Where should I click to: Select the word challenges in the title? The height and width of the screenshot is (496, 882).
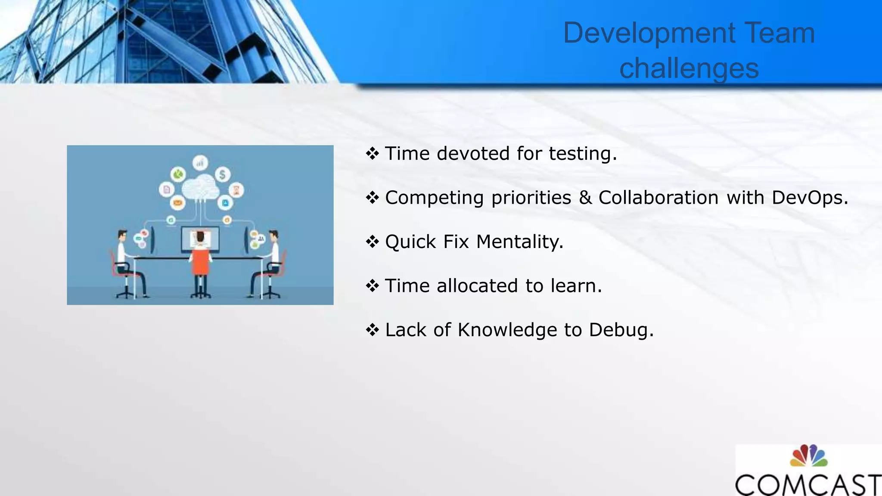[x=689, y=69]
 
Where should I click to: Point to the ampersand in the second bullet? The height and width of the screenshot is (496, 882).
[x=585, y=198]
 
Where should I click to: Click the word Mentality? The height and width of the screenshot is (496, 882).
[x=519, y=242]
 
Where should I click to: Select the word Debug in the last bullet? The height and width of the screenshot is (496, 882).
[x=621, y=331]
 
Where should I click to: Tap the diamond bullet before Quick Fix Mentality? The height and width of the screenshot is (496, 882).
[x=372, y=242]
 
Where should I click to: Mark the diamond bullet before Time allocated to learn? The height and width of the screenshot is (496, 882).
[x=372, y=285]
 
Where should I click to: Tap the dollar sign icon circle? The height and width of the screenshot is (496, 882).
[x=222, y=174]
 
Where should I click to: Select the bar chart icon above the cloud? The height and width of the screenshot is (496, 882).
[x=200, y=163]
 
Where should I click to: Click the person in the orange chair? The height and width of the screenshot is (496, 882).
[x=200, y=258]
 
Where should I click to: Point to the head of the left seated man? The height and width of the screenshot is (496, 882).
[x=122, y=236]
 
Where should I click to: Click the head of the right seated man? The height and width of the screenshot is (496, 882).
[x=273, y=236]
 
